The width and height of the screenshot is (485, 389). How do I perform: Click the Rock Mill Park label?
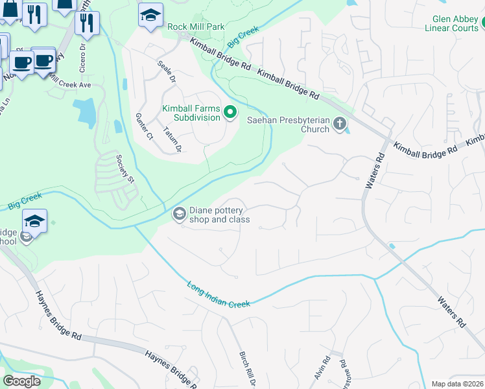pos(195,27)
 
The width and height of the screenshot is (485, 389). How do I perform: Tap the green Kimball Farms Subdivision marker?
pos(230,113)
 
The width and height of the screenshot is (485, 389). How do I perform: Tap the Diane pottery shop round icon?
pos(178,213)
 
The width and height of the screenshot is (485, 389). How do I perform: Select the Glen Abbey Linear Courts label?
pos(451,23)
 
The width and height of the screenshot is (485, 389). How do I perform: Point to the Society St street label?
pos(124,168)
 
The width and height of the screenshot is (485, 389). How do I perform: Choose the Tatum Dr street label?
pos(172,139)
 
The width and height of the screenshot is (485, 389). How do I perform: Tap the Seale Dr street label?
pos(167,72)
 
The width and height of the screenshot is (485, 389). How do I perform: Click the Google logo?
pos(21,381)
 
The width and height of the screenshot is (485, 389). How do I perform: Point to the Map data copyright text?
pos(457,384)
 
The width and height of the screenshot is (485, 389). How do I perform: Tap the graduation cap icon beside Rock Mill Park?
pos(150,16)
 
